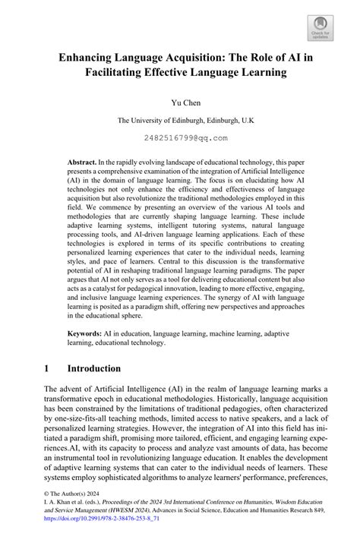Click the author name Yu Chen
(x=179, y=100)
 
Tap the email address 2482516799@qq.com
(x=179, y=138)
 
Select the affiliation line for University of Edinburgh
(x=179, y=119)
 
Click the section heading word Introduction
(x=93, y=368)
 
